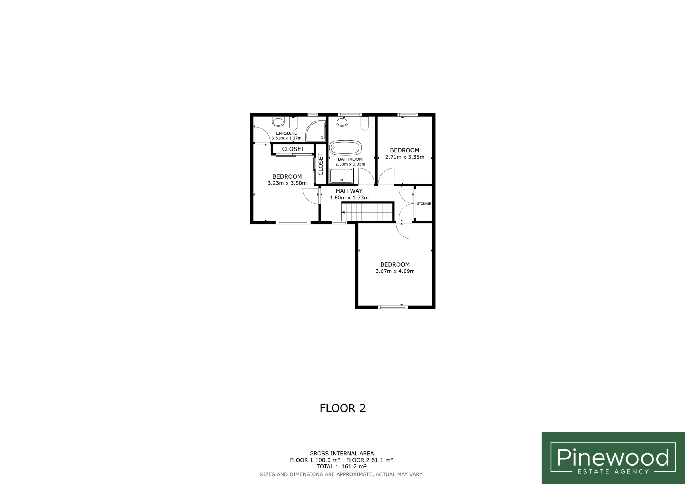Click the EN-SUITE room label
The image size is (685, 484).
point(286,133)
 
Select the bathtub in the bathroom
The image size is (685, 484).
point(345,148)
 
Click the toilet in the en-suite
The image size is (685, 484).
point(293,124)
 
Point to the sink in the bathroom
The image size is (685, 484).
point(342,121)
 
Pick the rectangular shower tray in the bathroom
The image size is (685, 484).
point(341,176)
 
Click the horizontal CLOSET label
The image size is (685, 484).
point(293,149)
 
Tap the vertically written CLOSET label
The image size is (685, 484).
point(321,164)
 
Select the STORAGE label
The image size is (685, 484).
point(424,204)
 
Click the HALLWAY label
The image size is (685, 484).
point(349,191)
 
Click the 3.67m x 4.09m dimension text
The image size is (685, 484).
point(395,271)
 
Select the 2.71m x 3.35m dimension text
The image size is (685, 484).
point(405,157)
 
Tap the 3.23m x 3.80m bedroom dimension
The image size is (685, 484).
point(287,183)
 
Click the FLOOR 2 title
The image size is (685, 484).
point(342,408)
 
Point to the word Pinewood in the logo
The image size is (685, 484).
point(613,457)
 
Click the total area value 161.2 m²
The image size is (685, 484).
point(354,466)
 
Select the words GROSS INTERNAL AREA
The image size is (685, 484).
point(341,453)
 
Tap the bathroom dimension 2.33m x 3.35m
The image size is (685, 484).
point(350,164)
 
